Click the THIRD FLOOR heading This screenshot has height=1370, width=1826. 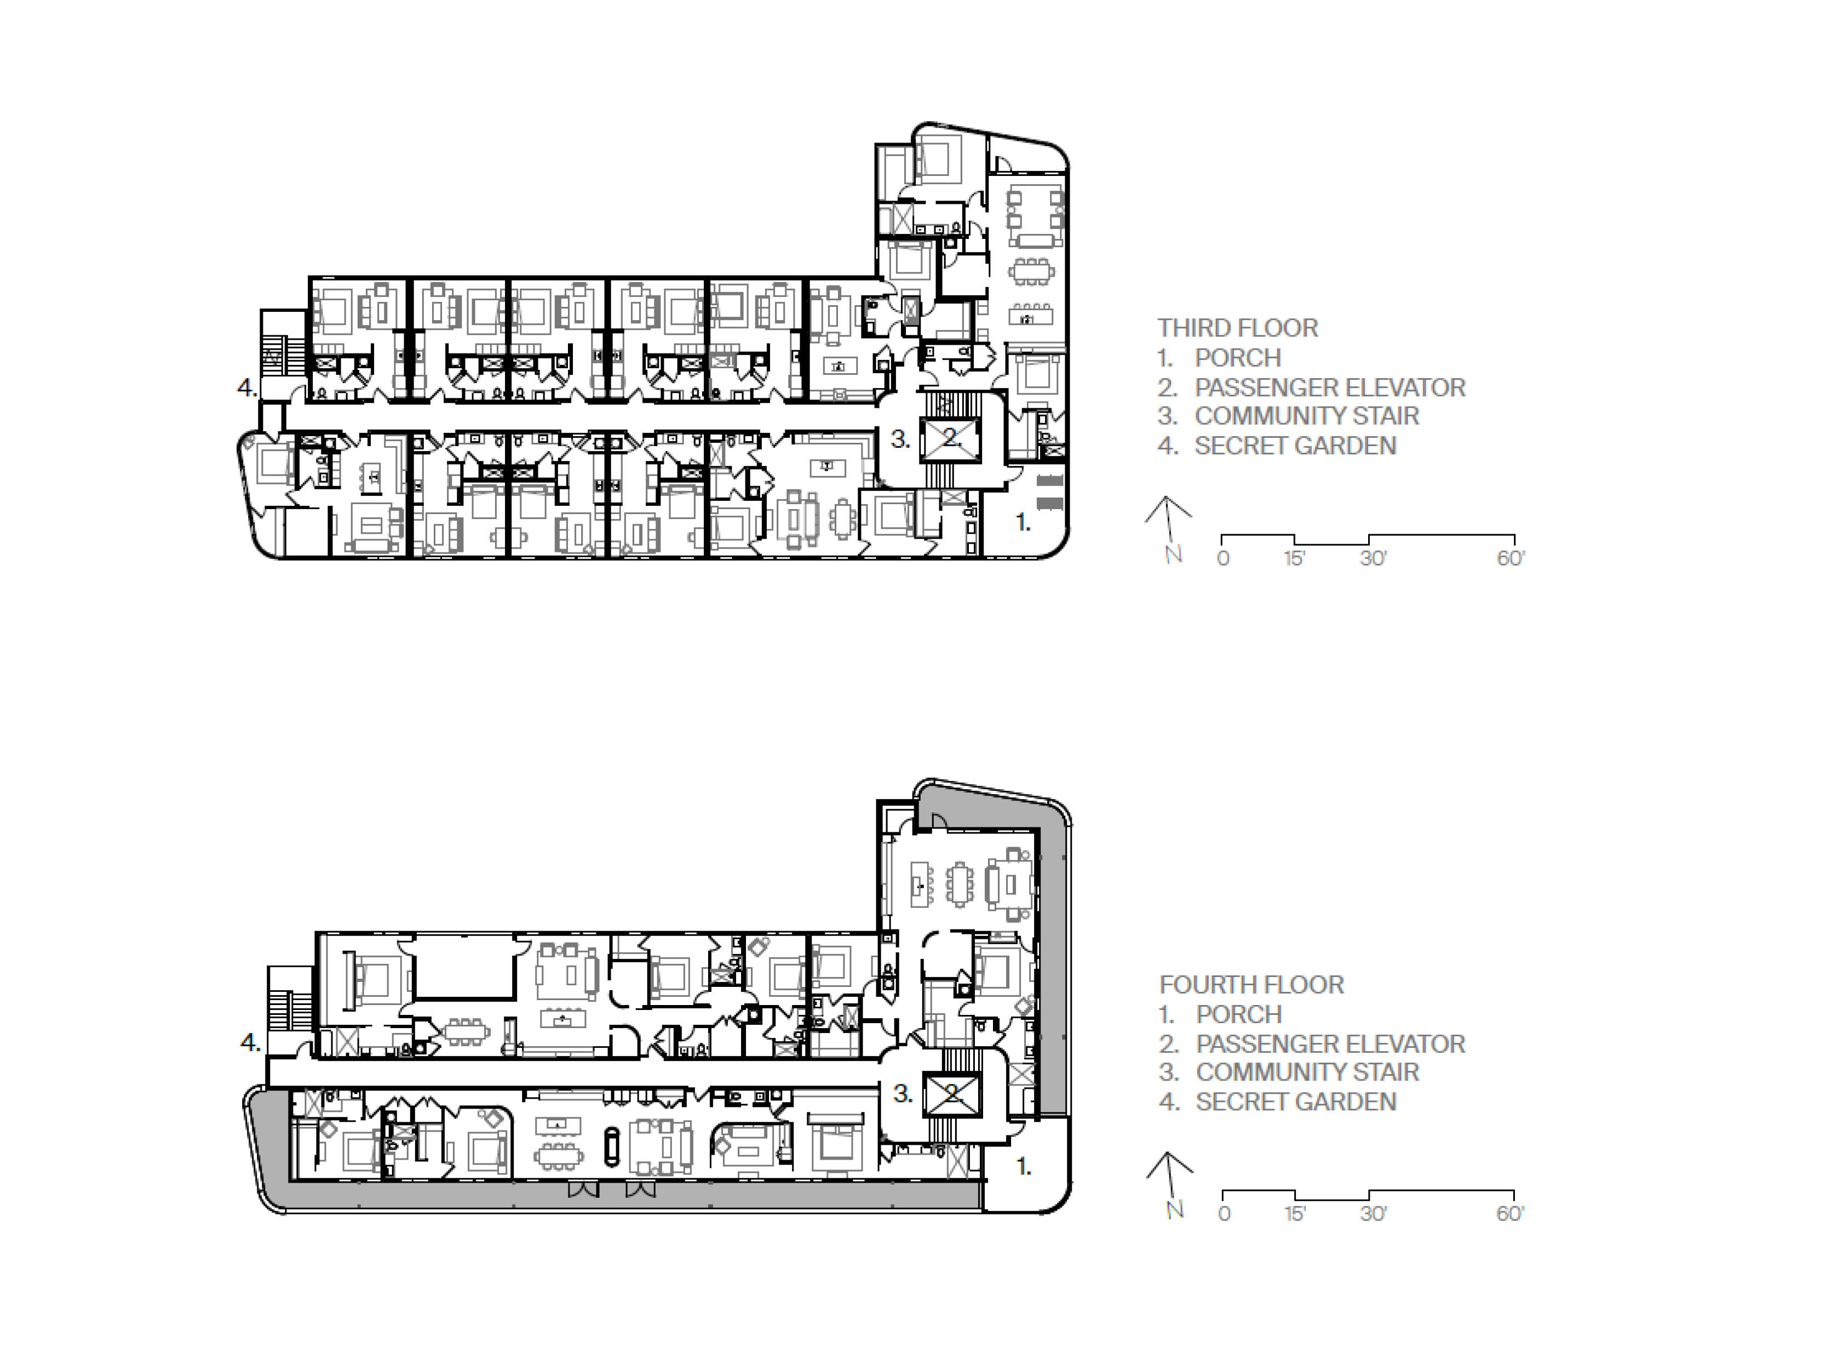tap(1237, 328)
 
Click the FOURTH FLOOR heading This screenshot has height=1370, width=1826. tap(1251, 984)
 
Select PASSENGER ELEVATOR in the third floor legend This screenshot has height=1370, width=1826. tap(1330, 387)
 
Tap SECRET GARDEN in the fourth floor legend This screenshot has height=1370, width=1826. tap(1296, 1101)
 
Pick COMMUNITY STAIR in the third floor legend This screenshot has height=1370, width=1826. tap(1307, 415)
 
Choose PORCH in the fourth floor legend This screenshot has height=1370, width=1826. tap(1239, 1014)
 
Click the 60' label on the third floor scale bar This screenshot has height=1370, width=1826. tap(1511, 559)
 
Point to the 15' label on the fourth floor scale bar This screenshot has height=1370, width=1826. tap(1294, 1214)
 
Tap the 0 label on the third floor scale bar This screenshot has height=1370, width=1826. tap(1224, 559)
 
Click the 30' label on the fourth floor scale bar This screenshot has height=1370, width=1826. tap(1374, 1214)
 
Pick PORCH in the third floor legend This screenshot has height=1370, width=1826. tap(1237, 358)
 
